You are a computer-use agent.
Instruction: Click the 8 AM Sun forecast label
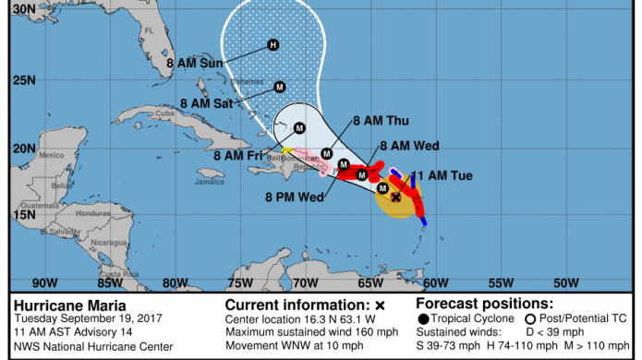197,64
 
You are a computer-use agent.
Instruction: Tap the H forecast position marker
273,44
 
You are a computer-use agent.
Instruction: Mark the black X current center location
395,197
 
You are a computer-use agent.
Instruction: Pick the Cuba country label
165,114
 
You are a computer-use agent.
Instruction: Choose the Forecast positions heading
485,303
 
